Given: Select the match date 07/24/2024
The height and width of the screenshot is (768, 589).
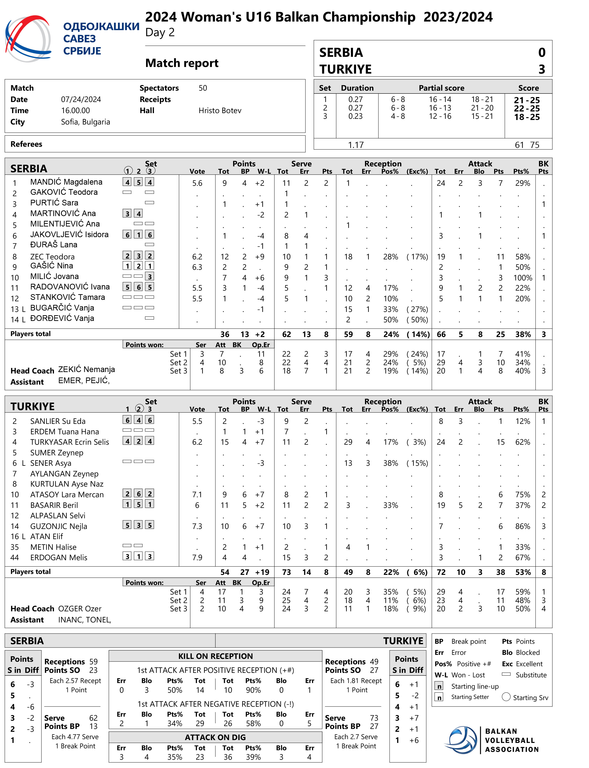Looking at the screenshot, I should pyautogui.click(x=81, y=100).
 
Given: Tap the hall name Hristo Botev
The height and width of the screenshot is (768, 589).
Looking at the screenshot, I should pyautogui.click(x=220, y=111).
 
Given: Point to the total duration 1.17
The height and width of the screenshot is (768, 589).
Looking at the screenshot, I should pyautogui.click(x=356, y=145).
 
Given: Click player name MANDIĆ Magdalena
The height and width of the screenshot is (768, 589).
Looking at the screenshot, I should pyautogui.click(x=66, y=182).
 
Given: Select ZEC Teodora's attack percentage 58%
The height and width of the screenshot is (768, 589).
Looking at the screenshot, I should pyautogui.click(x=522, y=257).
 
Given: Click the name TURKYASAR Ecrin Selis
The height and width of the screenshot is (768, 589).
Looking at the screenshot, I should pyautogui.click(x=69, y=442).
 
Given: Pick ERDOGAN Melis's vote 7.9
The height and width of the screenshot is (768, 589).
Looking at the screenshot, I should pyautogui.click(x=197, y=558).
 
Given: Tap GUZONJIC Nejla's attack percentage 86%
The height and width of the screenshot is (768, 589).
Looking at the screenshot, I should pyautogui.click(x=522, y=526).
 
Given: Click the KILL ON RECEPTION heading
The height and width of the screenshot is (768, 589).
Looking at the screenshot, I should pyautogui.click(x=215, y=656).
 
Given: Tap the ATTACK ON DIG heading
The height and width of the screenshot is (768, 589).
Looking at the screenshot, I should pyautogui.click(x=215, y=737).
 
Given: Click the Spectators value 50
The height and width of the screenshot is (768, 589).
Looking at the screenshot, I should pyautogui.click(x=203, y=88).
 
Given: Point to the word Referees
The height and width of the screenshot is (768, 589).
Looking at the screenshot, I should pyautogui.click(x=26, y=144).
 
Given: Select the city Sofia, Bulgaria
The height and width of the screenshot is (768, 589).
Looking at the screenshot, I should pyautogui.click(x=85, y=122).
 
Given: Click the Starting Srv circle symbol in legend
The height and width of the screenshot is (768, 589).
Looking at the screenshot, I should pyautogui.click(x=506, y=697).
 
